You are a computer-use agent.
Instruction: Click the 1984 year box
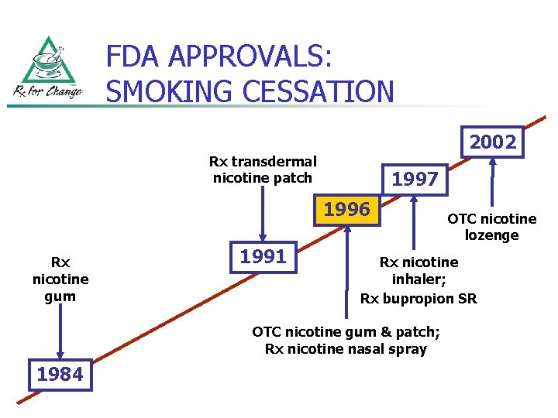pos(60,375)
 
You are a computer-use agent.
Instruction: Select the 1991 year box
pos(263,256)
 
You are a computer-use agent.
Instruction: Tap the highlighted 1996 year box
pos(346,210)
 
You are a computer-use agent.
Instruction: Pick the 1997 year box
pos(415,180)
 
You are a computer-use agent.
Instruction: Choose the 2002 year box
pos(492,142)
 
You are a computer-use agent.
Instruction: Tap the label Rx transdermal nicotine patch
pos(263,170)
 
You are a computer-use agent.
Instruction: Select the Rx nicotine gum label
pos(60,279)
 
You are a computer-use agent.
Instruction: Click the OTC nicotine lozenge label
pos(491,227)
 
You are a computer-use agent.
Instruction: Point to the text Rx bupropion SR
pos(418,298)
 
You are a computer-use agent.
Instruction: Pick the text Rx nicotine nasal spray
pos(346,349)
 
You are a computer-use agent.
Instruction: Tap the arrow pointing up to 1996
pos(346,271)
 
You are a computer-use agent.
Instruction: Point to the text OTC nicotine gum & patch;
pos(346,332)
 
